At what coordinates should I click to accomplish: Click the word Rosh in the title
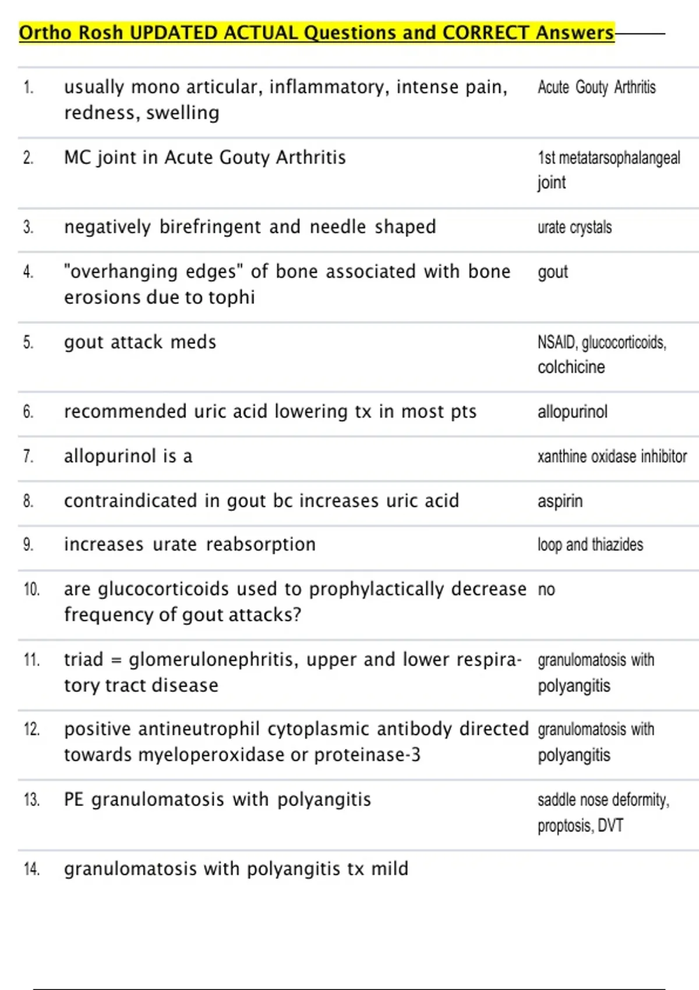coord(100,33)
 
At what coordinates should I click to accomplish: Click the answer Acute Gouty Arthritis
coord(596,87)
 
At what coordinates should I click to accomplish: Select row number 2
coord(28,158)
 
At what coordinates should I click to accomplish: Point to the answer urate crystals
coord(574,227)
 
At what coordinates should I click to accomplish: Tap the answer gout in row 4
coord(552,272)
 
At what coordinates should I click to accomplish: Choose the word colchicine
coord(571,367)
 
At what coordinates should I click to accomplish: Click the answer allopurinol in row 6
coord(572,412)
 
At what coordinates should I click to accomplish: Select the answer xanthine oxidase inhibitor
coord(612,456)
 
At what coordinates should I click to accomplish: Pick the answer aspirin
coord(560,501)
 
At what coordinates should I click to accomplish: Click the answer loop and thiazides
coord(590,544)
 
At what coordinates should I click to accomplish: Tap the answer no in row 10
coord(546,589)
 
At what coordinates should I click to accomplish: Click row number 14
coord(31,869)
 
